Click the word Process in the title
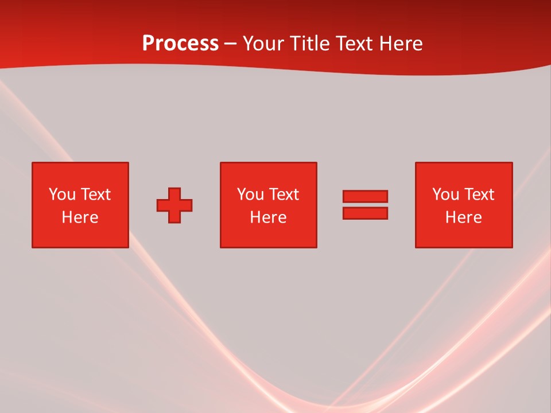(x=180, y=44)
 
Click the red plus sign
(x=174, y=205)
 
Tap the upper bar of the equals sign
(x=365, y=197)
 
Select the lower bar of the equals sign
(x=365, y=213)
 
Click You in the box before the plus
(x=62, y=194)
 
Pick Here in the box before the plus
(x=80, y=217)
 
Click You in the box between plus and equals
(x=250, y=194)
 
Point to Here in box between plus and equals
(x=268, y=217)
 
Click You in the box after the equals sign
(x=445, y=194)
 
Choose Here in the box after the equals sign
(x=463, y=217)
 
